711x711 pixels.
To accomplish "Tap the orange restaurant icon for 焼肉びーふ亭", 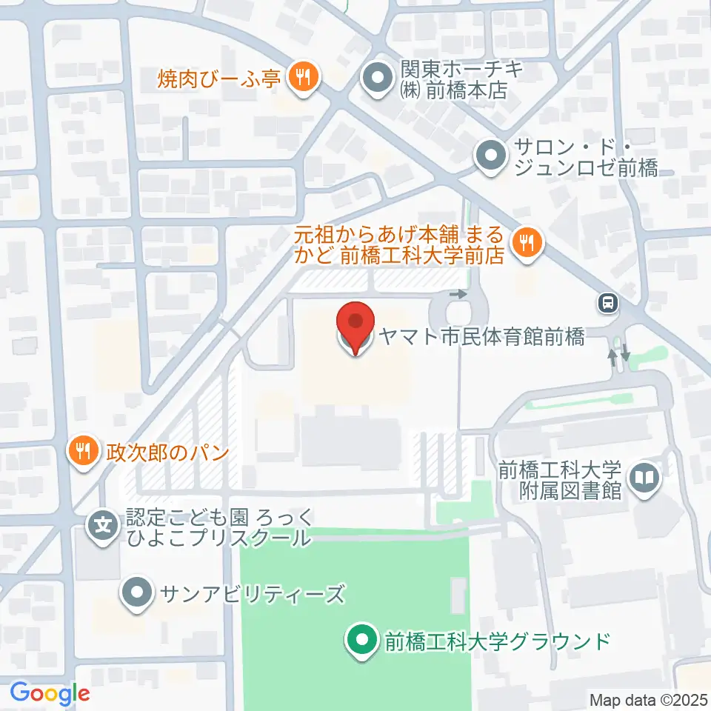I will pos(302,76).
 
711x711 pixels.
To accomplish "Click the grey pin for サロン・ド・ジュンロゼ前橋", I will pos(489,156).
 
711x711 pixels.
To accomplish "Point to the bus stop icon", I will pos(607,302).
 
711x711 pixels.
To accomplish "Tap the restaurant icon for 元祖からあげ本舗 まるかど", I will pos(527,241).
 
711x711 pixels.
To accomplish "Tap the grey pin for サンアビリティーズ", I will pos(137,592).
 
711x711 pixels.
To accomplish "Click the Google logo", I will pos(50,693).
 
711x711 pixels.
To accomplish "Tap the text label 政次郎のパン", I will pos(166,451).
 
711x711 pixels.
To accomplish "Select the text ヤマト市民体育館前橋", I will pos(481,338).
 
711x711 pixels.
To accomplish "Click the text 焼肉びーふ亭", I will pos(218,77).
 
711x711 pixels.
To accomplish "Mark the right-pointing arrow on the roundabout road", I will pos(460,294).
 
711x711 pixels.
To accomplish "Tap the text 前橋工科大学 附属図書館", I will pos(558,480).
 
